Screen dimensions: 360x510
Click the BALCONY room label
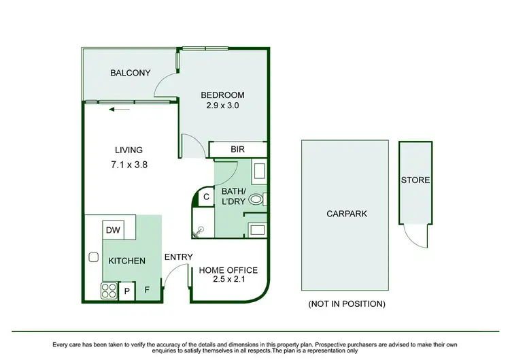pos(130,73)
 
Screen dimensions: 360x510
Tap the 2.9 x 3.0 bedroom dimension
pos(222,105)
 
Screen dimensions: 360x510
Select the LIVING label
pos(128,150)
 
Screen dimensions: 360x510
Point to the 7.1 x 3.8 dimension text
pos(129,165)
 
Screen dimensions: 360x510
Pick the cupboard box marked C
pos(206,197)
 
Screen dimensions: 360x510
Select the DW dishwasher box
pos(113,231)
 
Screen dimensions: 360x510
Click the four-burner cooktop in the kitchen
pos(109,291)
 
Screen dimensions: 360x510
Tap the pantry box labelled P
pos(127,291)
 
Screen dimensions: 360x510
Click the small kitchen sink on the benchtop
pos(93,257)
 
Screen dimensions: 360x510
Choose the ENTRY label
pos(178,257)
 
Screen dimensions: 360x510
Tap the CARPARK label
pos(346,214)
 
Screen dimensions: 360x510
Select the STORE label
pos(415,180)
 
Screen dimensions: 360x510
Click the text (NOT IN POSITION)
pos(346,304)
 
